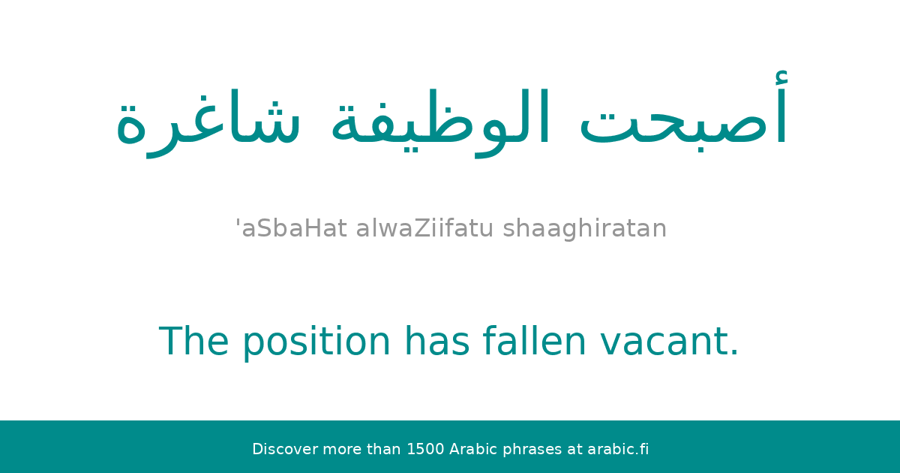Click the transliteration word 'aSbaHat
(292, 228)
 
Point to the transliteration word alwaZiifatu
(424, 228)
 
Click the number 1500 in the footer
(424, 450)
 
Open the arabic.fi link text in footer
(618, 450)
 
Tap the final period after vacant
(734, 354)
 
